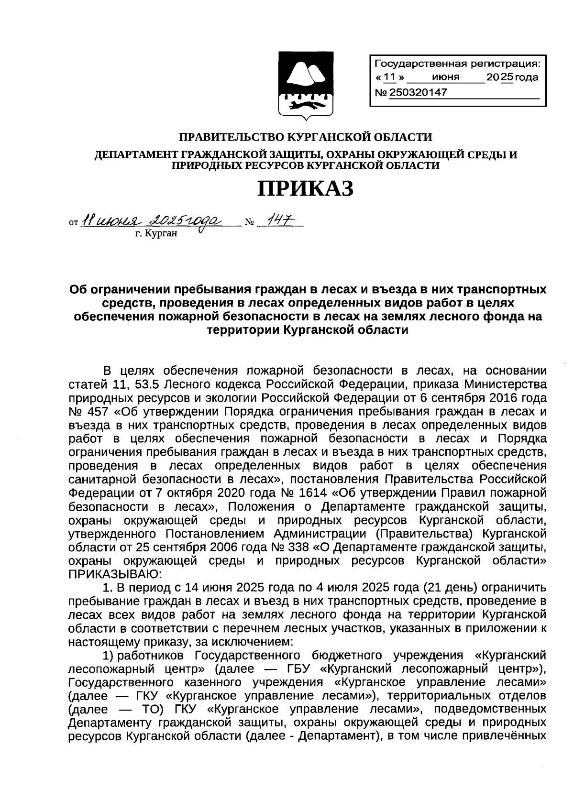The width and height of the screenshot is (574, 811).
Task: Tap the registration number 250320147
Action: coord(419,92)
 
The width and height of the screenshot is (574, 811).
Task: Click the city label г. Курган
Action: coord(156,234)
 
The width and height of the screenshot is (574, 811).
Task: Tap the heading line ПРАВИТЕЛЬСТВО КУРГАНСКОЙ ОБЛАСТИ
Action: coord(305,138)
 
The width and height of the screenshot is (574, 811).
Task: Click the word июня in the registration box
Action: coord(445,77)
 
